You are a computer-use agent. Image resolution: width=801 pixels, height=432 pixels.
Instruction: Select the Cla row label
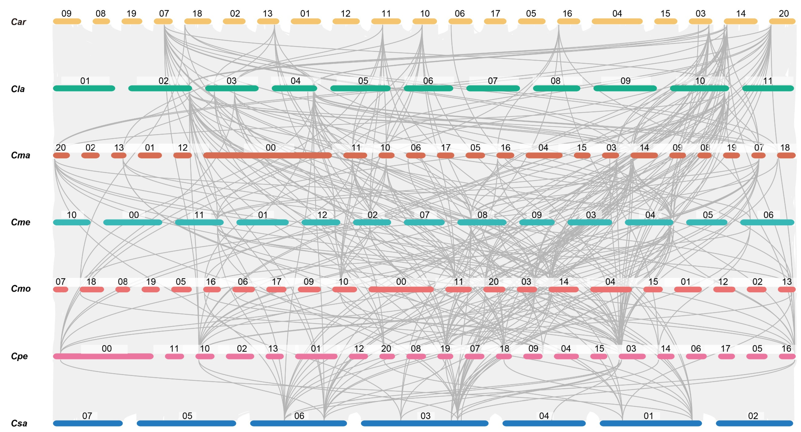click(x=18, y=89)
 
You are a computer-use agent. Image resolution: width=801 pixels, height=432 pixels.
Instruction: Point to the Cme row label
click(x=21, y=222)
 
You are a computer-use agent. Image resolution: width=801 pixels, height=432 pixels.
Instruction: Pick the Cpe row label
click(x=19, y=356)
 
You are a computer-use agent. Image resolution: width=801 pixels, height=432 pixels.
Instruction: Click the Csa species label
click(x=19, y=423)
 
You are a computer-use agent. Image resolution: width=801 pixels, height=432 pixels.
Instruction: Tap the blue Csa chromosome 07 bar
click(x=88, y=423)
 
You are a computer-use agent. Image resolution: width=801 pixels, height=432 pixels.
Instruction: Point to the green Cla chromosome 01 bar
click(x=84, y=89)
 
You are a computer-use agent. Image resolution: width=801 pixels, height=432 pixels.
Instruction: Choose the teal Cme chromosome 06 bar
click(x=767, y=222)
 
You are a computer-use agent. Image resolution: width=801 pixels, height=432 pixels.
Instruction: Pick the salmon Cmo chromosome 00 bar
click(x=401, y=289)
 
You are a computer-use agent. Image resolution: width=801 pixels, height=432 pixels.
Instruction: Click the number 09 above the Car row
click(x=66, y=13)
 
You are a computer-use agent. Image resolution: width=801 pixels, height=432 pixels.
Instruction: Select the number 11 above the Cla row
click(x=768, y=81)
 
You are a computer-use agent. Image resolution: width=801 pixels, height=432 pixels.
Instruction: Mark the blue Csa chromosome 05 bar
click(x=186, y=423)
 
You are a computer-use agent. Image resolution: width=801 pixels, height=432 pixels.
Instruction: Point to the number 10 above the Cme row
click(x=72, y=215)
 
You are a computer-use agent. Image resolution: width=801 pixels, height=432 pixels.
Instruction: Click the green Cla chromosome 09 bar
click(x=625, y=89)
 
